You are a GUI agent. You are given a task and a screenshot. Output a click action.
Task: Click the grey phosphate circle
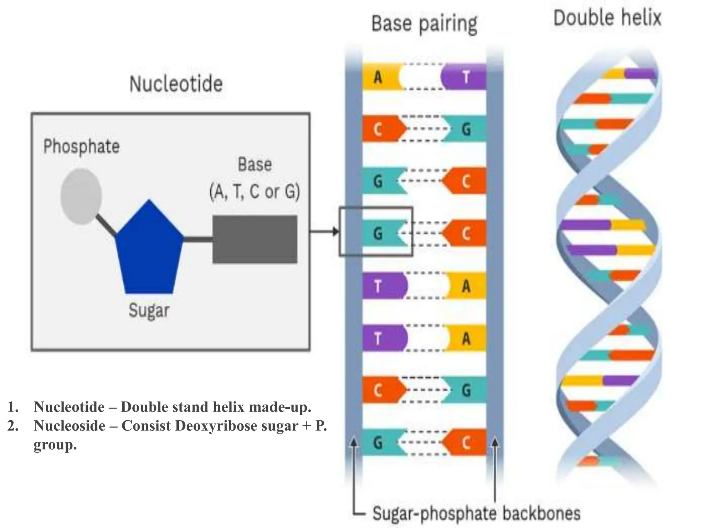[x=81, y=196]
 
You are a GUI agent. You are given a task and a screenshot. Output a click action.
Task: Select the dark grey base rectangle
[x=255, y=239]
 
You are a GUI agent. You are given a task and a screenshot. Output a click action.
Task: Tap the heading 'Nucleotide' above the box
[x=176, y=84]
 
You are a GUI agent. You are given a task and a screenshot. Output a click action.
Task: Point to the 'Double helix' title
[x=607, y=18]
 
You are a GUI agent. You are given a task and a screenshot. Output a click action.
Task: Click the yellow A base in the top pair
[x=380, y=77]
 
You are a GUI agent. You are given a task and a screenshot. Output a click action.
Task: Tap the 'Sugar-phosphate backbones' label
[x=476, y=514]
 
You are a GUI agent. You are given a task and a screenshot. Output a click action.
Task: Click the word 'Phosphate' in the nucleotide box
[x=81, y=147]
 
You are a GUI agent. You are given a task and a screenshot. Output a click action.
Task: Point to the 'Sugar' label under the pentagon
[x=149, y=311]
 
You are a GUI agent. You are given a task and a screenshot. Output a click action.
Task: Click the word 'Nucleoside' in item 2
[x=69, y=426]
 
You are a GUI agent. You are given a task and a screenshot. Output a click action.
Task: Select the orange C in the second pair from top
[x=380, y=129]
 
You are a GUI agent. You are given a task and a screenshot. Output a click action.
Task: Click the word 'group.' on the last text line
[x=55, y=445]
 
